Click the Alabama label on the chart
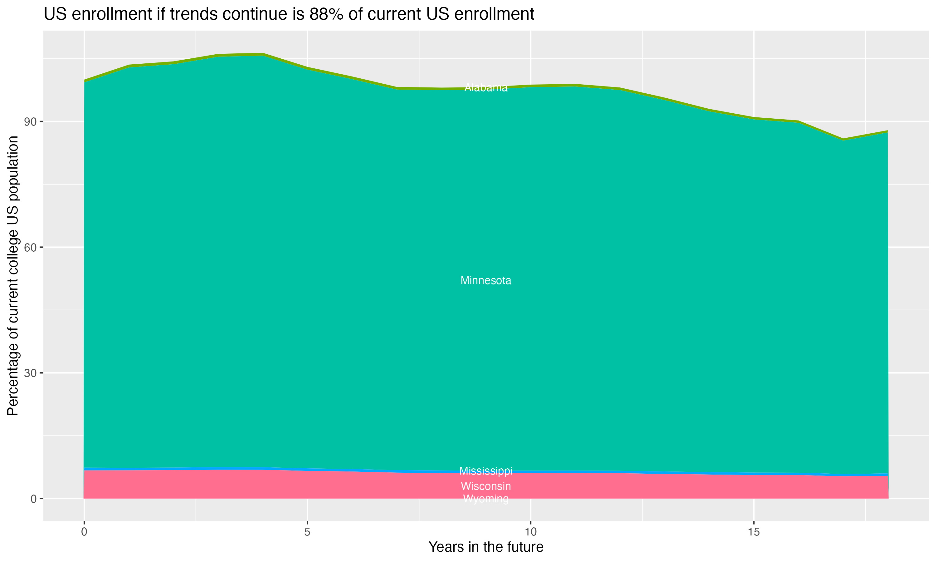click(x=486, y=88)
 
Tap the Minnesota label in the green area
click(x=486, y=281)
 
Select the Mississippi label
click(x=486, y=471)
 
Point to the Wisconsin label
click(x=486, y=486)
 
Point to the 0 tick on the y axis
click(x=34, y=499)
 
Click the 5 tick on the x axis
click(x=307, y=532)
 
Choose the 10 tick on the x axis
click(x=530, y=532)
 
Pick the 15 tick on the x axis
click(x=754, y=532)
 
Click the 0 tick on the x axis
click(x=84, y=532)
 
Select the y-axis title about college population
click(x=13, y=275)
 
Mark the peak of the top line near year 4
click(x=263, y=54)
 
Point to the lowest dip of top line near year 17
click(x=843, y=139)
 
